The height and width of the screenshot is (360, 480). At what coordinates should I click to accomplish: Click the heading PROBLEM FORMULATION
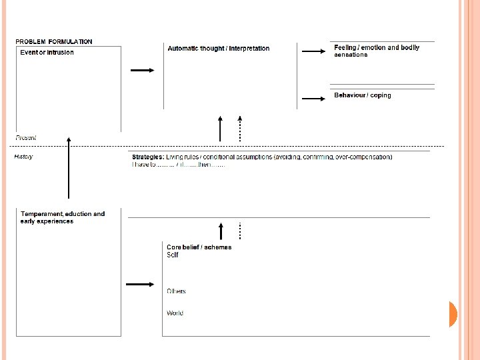point(54,42)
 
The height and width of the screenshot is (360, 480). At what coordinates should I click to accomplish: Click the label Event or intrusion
point(47,52)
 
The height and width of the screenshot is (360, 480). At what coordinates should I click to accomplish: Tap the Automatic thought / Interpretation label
point(219,49)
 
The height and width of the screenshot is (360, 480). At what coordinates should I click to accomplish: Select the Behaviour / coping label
point(363,95)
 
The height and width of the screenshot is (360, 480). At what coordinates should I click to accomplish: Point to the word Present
point(25,138)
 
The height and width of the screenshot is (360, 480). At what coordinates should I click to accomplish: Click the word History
point(23,157)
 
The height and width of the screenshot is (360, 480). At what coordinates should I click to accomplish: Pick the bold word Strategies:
point(148,157)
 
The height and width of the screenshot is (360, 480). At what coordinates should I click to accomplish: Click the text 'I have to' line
point(178,165)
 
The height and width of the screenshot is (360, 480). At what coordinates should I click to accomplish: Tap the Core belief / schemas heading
point(199,247)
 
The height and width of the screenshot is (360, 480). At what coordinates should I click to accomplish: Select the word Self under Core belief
point(173,255)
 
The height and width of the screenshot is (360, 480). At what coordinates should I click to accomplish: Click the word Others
point(176,291)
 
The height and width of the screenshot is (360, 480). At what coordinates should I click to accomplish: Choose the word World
point(175,313)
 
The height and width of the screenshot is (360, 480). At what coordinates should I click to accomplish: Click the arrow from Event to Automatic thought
point(142,70)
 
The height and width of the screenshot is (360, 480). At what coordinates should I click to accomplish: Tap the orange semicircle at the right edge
point(453,314)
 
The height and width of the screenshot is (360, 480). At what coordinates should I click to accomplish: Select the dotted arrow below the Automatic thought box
point(239,128)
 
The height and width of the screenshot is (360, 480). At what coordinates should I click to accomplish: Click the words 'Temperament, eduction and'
point(63,214)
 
